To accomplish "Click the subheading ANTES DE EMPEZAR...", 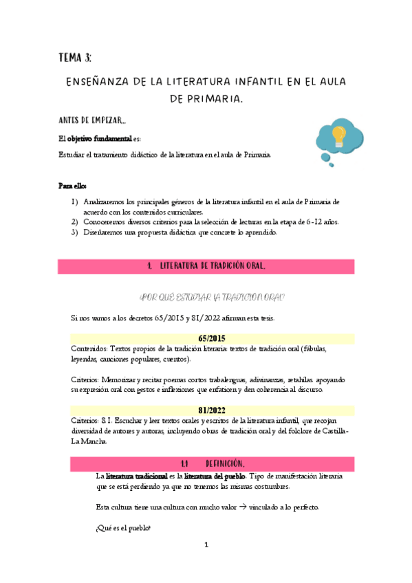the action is click(91, 120).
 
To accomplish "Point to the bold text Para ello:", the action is click(72, 186).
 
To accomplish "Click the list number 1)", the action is click(75, 202).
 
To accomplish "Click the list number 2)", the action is click(75, 221).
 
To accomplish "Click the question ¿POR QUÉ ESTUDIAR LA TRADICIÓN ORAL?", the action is click(212, 297).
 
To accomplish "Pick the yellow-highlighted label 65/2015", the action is click(213, 338).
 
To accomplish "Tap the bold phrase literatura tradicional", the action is click(136, 476).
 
